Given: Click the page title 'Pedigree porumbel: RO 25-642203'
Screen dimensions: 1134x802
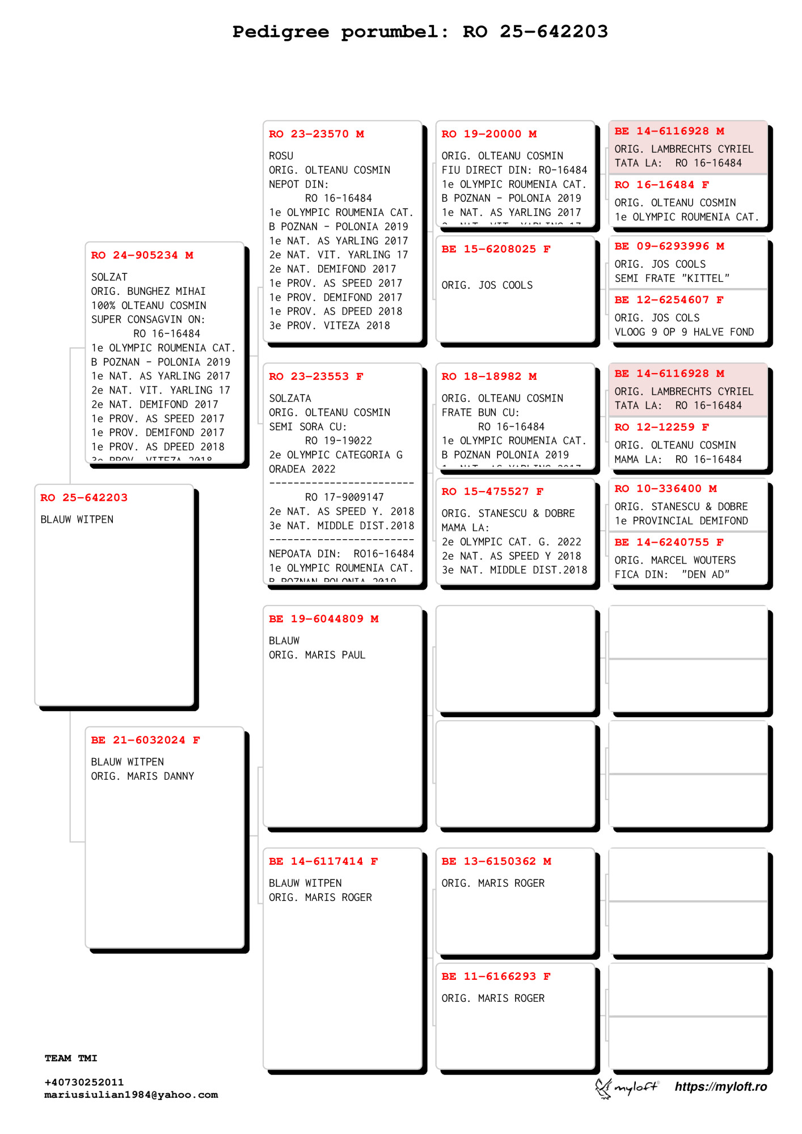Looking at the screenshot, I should click(420, 32).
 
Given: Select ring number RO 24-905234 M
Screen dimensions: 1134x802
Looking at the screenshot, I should click(142, 255).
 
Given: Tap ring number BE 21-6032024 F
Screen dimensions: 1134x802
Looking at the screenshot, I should click(145, 740).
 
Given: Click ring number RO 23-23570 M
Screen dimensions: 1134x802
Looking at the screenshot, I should click(316, 134).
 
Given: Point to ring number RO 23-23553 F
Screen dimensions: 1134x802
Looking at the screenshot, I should click(316, 376).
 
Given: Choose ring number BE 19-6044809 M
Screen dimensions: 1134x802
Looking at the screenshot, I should click(323, 619).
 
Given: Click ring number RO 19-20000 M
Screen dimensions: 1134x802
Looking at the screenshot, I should click(489, 134).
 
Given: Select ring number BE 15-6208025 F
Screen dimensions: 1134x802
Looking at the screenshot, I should click(496, 249).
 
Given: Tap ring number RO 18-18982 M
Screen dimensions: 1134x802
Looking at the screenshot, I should click(489, 376).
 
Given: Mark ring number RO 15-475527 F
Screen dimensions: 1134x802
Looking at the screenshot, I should click(492, 492).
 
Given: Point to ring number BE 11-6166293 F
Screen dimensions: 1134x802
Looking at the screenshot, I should click(496, 976).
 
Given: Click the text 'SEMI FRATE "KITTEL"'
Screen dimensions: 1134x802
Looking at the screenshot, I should click(672, 278).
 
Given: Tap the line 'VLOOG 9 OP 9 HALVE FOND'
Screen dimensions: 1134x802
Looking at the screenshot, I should click(684, 332).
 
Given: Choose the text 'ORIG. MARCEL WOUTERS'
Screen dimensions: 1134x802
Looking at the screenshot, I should click(675, 560).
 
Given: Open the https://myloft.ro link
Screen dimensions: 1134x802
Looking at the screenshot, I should click(720, 1086).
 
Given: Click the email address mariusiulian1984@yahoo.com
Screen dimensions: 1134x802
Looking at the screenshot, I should click(131, 1095).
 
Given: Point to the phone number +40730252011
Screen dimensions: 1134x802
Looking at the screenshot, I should click(84, 1082).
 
